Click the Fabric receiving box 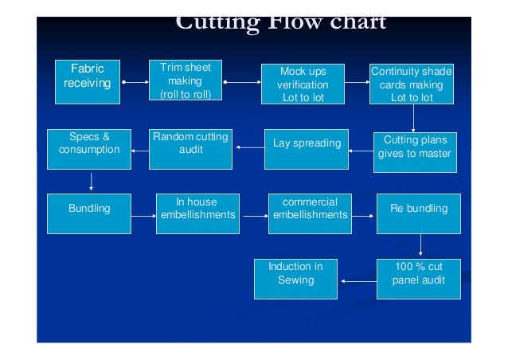pyautogui.click(x=88, y=81)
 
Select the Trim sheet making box pyautogui.click(x=186, y=81)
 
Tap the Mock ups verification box pyautogui.click(x=303, y=84)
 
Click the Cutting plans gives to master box pyautogui.click(x=415, y=151)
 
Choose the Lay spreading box pyautogui.click(x=307, y=149)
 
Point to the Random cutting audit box pyautogui.click(x=190, y=148)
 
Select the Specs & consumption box pyautogui.click(x=88, y=148)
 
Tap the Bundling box pyautogui.click(x=89, y=213)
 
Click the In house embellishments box pyautogui.click(x=197, y=213)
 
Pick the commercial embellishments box pyautogui.click(x=311, y=213)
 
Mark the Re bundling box pyautogui.click(x=419, y=213)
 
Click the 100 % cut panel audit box pyautogui.click(x=419, y=278)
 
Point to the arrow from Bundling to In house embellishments pyautogui.click(x=143, y=216)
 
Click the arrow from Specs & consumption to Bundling pyautogui.click(x=92, y=181)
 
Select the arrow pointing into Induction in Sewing pyautogui.click(x=358, y=280)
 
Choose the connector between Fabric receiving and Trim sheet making pyautogui.click(x=135, y=81)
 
